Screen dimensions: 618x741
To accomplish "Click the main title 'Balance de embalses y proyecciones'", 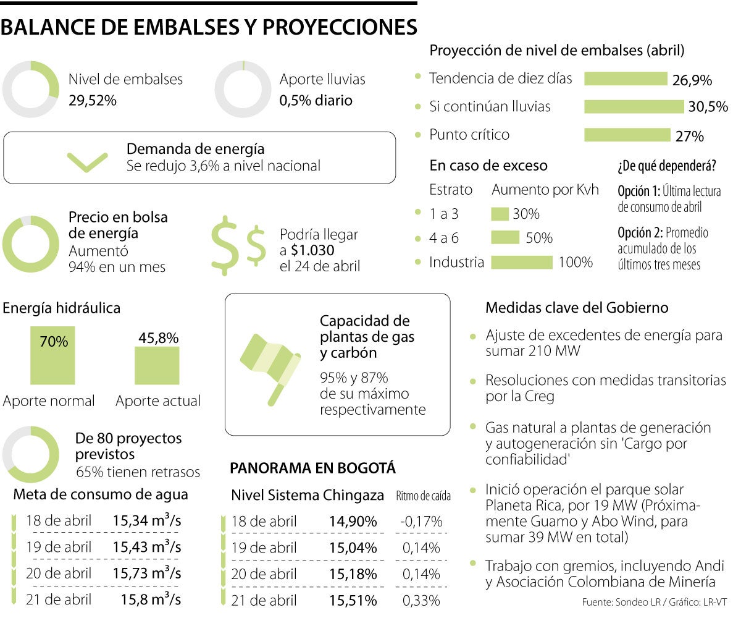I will coord(209,28).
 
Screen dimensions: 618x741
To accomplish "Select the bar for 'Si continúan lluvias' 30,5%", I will coord(635,107).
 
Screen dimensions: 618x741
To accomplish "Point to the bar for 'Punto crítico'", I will coord(627,135).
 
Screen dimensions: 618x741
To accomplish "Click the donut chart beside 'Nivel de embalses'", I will coord(31,90).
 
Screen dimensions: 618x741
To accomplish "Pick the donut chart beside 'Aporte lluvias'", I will coord(243,90).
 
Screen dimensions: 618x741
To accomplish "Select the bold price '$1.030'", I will coord(312,250).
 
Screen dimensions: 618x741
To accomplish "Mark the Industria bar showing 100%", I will coord(522,263).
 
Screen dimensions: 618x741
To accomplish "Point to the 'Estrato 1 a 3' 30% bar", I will coord(500,214).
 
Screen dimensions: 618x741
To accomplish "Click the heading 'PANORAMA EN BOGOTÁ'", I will coord(312,468).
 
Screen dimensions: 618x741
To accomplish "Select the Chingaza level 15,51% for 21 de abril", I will coord(353,599).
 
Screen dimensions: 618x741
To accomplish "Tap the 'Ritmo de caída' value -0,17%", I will coord(421,521).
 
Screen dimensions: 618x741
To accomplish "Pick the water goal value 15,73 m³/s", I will coord(147,573).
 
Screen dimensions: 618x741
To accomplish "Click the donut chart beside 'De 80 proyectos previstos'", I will coord(31,454).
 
